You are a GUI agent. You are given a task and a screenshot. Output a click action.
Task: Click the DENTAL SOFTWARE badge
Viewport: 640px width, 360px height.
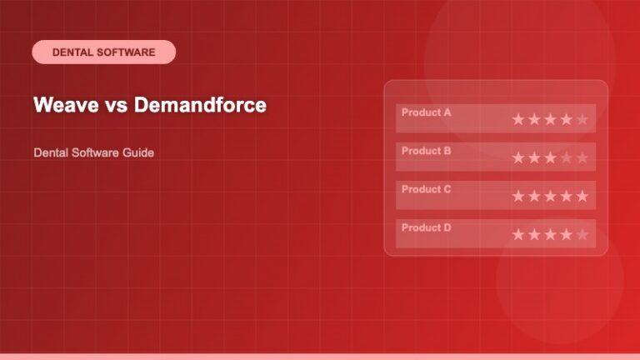tap(103, 52)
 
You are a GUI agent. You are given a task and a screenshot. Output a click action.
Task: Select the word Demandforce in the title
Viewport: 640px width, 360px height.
tap(200, 105)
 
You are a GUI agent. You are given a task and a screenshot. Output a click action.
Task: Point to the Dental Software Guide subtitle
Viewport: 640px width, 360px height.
tap(93, 153)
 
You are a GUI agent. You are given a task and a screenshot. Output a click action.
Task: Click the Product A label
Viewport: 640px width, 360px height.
tap(426, 112)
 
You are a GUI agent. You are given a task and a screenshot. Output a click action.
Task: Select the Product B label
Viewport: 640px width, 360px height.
tap(426, 151)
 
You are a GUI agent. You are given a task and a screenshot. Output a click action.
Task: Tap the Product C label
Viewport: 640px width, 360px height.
tap(426, 189)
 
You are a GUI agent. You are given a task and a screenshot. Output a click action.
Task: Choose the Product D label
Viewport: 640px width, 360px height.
tap(426, 227)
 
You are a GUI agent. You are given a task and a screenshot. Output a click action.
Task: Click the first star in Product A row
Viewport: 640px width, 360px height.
tap(518, 119)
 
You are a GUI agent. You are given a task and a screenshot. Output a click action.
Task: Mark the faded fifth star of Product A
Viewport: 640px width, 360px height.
tap(582, 119)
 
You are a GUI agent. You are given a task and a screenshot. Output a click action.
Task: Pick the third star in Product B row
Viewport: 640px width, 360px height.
tap(550, 157)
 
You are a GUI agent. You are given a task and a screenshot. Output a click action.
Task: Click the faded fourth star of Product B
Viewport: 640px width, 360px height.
tap(566, 157)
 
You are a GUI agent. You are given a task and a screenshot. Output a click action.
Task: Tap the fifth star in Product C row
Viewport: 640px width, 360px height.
tap(582, 196)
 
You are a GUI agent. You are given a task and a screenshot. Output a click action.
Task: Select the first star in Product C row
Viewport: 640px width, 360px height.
tap(518, 196)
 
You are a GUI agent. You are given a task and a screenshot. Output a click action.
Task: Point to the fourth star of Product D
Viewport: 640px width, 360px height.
tap(566, 234)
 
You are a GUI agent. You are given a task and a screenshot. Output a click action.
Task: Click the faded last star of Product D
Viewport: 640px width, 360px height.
tap(582, 234)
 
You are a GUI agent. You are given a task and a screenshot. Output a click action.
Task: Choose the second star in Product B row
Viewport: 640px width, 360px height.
tap(534, 157)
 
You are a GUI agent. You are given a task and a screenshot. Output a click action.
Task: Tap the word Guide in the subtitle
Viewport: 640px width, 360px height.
tap(138, 153)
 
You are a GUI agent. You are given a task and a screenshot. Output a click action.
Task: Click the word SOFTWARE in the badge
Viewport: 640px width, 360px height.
tap(126, 52)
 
